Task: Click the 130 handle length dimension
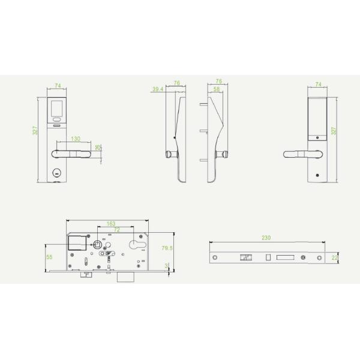pos(76,139)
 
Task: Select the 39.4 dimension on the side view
pos(158,89)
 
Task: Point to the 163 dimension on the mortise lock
pos(112,224)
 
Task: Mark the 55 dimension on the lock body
pos(50,256)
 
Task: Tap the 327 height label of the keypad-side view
pos(35,130)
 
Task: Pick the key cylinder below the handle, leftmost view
pos(58,173)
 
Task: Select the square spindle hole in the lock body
pos(97,244)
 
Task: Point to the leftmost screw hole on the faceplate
pos(215,257)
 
